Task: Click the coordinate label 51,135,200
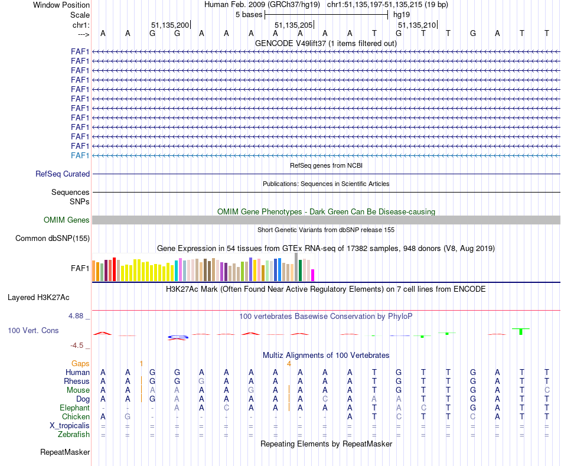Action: [170, 25]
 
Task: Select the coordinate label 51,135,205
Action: [293, 25]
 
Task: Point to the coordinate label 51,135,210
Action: [417, 25]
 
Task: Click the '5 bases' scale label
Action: [249, 14]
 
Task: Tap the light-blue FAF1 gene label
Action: [80, 155]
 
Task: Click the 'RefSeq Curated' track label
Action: [63, 174]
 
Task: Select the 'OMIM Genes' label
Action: [67, 220]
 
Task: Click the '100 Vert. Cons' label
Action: [33, 330]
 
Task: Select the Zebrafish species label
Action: [74, 435]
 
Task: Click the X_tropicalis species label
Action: [70, 426]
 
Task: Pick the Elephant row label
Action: [74, 408]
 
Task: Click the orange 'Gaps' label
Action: [80, 363]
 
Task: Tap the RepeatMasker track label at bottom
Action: [65, 452]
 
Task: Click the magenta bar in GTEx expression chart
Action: [313, 275]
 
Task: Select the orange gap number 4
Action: [289, 363]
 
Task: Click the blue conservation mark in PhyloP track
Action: [177, 337]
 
